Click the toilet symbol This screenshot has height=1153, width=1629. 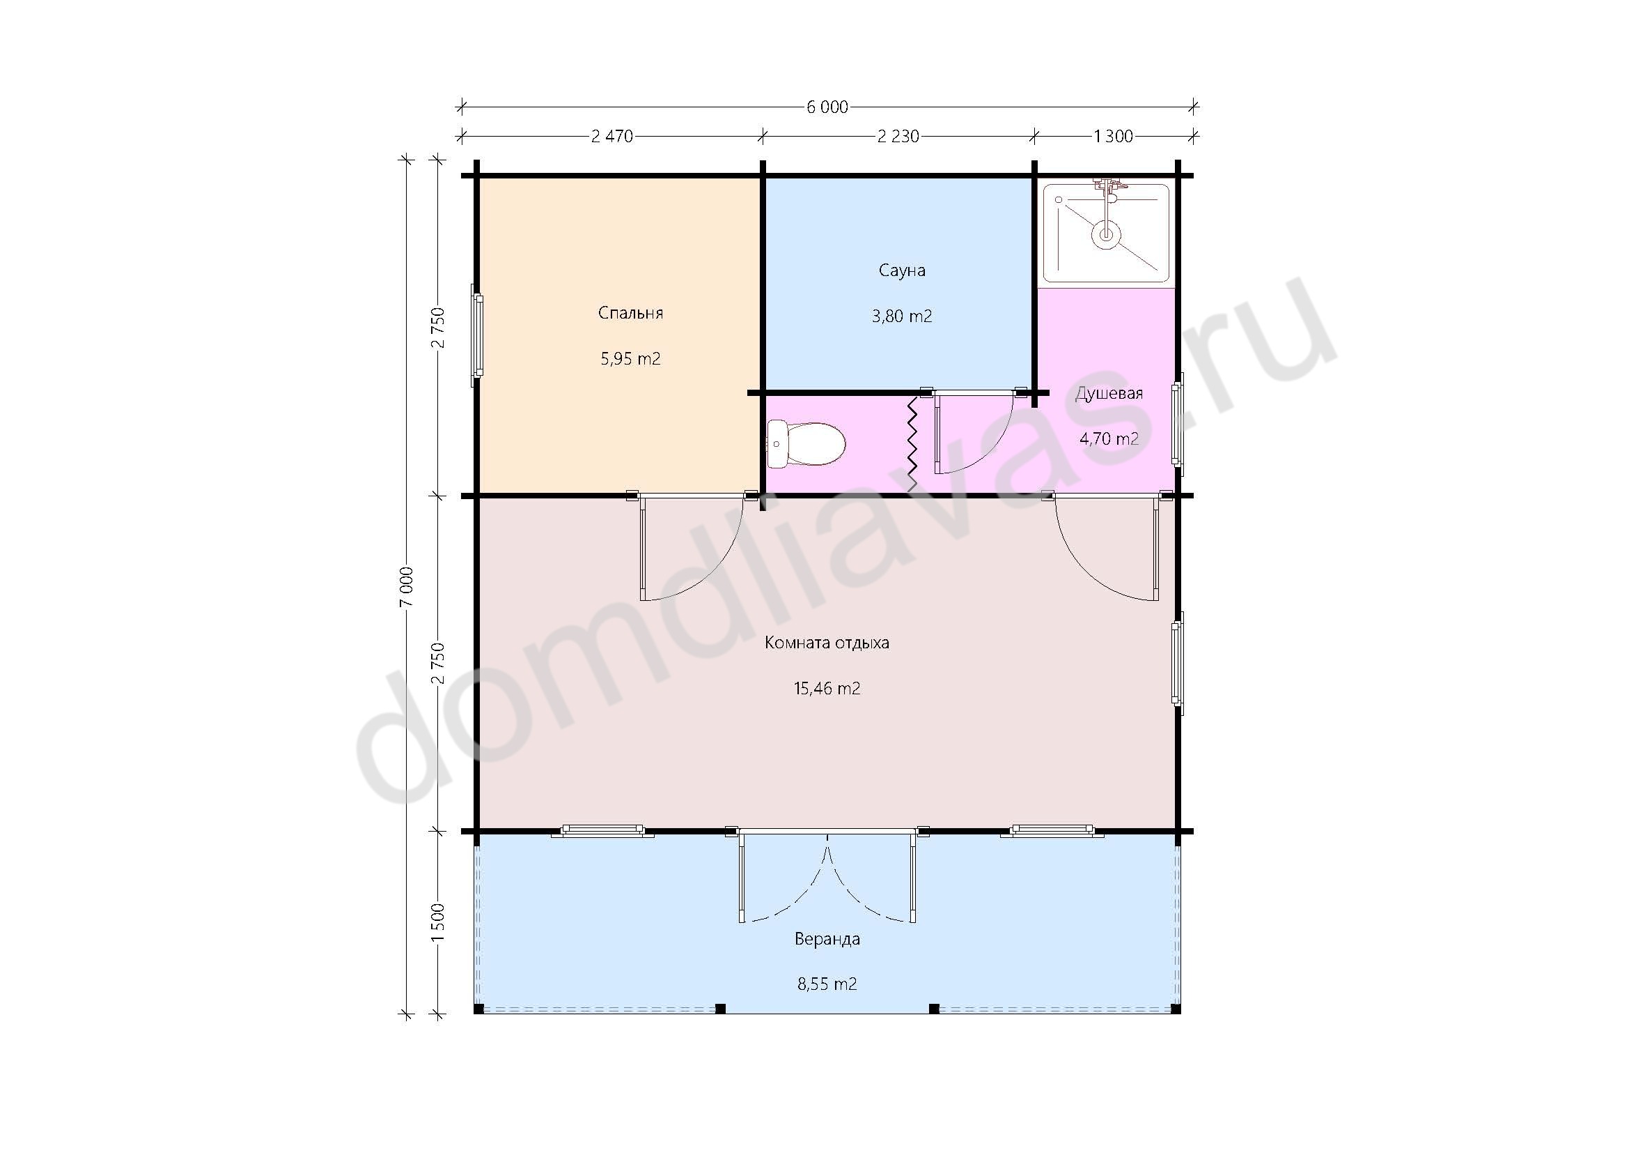(806, 444)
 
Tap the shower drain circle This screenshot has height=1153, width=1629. (1105, 233)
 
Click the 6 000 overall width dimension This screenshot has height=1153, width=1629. (827, 107)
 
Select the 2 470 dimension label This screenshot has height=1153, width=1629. (611, 136)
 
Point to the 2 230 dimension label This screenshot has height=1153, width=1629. (898, 136)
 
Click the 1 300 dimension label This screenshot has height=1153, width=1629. (1113, 136)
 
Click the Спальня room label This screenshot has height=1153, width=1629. (631, 313)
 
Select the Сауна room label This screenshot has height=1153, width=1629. (902, 270)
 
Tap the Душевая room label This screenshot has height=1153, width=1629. (1109, 393)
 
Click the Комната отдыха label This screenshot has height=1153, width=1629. (827, 643)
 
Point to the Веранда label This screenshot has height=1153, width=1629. (827, 939)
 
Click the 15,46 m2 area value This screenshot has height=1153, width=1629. (827, 688)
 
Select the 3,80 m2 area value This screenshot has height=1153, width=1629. (902, 316)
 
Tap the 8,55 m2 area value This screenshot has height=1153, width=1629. (827, 984)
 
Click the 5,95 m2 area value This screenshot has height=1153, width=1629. (631, 358)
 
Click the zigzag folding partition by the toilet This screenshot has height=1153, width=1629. (912, 445)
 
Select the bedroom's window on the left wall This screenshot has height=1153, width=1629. (478, 336)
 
